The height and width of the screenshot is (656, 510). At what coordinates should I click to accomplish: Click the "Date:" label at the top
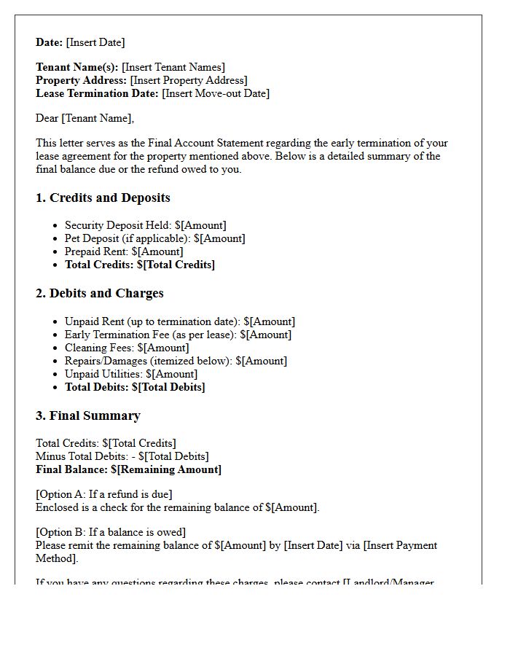pyautogui.click(x=50, y=42)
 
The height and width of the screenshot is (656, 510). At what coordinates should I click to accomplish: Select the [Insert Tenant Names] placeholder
pyautogui.click(x=173, y=67)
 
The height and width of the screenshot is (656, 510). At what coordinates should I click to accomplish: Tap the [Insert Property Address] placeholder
pyautogui.click(x=188, y=80)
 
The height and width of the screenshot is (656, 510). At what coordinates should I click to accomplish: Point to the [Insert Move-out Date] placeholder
pyautogui.click(x=216, y=93)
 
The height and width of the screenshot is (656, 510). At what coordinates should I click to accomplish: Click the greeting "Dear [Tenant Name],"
pyautogui.click(x=85, y=118)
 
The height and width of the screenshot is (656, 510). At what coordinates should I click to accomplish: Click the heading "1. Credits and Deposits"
pyautogui.click(x=103, y=198)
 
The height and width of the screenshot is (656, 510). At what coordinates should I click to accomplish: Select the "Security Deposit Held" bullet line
pyautogui.click(x=145, y=225)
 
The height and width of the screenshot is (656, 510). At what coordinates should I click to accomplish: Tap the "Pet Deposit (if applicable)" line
pyautogui.click(x=154, y=238)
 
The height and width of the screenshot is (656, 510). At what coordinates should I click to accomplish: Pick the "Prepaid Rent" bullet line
pyautogui.click(x=124, y=251)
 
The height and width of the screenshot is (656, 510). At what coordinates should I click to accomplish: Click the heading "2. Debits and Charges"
pyautogui.click(x=99, y=293)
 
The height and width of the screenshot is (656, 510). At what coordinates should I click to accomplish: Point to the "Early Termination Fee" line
pyautogui.click(x=178, y=335)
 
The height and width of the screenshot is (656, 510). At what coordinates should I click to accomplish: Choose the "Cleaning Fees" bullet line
pyautogui.click(x=127, y=348)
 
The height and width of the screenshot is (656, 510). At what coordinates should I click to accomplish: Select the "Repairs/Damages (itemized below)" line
pyautogui.click(x=176, y=361)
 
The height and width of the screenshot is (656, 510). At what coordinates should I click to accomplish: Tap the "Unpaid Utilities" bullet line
pyautogui.click(x=131, y=374)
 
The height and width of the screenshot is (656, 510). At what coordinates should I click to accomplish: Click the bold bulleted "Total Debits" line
pyautogui.click(x=135, y=387)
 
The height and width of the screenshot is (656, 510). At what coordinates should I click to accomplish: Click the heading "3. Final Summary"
pyautogui.click(x=87, y=415)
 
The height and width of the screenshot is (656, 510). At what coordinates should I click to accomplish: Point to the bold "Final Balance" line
pyautogui.click(x=128, y=469)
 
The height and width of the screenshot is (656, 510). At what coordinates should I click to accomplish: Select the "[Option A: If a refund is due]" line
pyautogui.click(x=104, y=494)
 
